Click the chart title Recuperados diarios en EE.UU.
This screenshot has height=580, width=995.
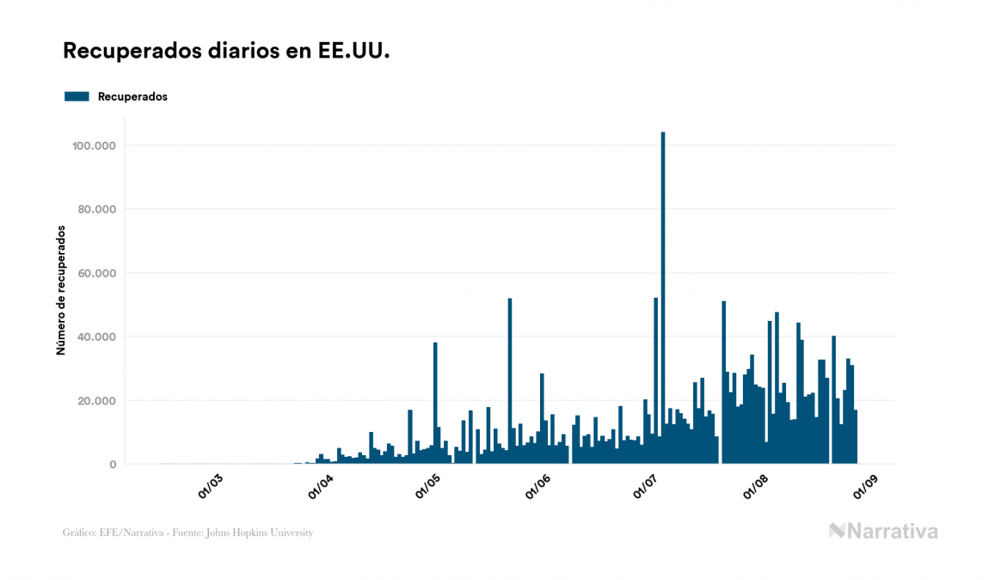tap(227, 52)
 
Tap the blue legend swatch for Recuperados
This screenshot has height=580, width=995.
tap(77, 97)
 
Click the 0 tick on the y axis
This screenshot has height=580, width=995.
tap(113, 465)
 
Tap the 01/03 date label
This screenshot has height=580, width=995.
tap(211, 486)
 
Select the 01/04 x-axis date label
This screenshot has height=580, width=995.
tap(321, 486)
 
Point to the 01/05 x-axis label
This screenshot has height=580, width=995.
tap(430, 486)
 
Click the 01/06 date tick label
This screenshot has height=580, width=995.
tap(539, 486)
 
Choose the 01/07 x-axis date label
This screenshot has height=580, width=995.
tap(648, 486)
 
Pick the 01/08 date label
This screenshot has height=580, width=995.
tap(758, 486)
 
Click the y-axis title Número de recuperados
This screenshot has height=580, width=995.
tap(61, 290)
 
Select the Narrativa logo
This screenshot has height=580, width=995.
tap(883, 532)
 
